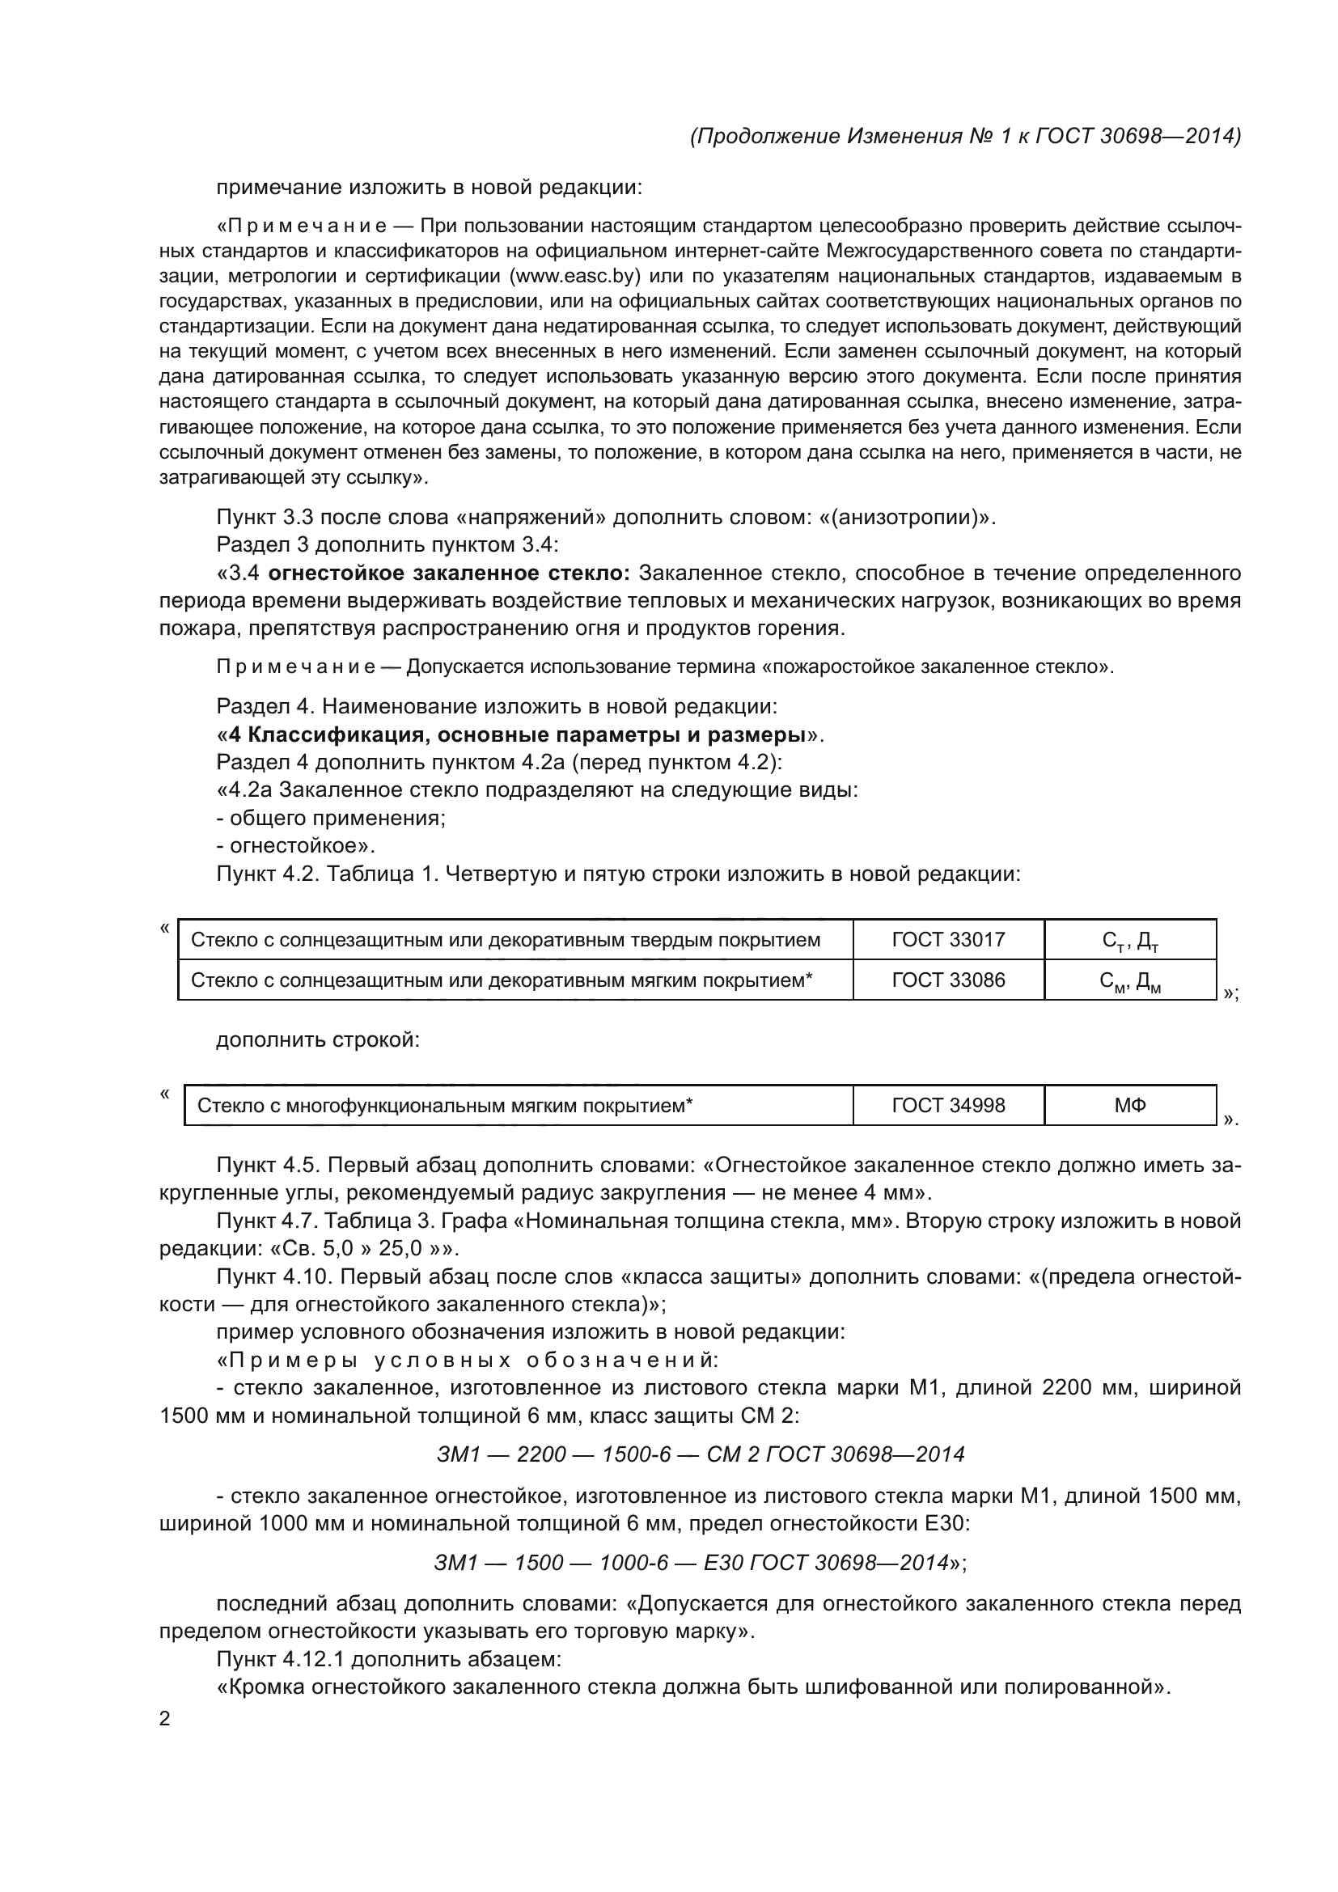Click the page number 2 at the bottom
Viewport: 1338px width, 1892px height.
164,1718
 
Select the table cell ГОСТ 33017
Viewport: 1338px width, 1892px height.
947,939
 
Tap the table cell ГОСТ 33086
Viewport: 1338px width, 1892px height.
947,980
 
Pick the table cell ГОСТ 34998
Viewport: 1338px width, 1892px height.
947,1105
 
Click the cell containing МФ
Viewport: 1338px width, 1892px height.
1129,1105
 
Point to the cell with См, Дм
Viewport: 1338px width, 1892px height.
1129,980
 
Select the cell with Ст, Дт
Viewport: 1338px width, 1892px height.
1129,940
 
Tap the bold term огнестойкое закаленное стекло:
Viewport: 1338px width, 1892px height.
449,573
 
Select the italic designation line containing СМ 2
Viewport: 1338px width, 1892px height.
700,1454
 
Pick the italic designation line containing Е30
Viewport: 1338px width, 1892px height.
700,1563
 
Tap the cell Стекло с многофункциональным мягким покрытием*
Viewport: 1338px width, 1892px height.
445,1105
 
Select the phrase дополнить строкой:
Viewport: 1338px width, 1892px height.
317,1040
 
